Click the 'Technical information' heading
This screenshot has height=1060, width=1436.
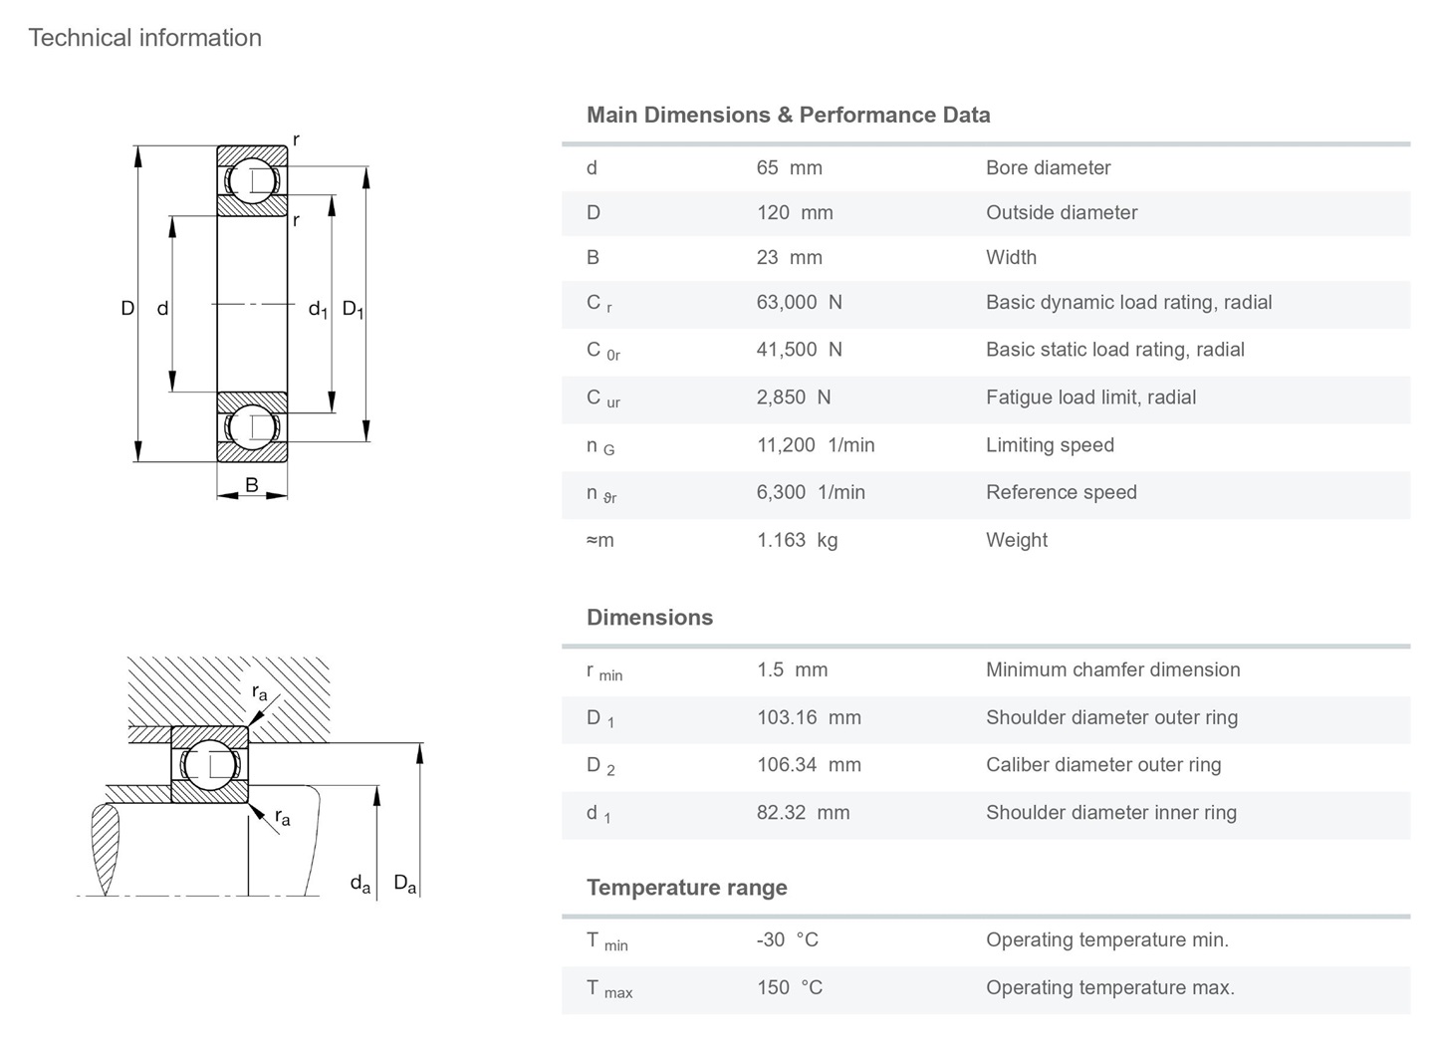pyautogui.click(x=145, y=38)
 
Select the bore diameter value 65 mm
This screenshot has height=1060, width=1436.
pyautogui.click(x=789, y=167)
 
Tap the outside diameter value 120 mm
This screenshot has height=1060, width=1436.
pyautogui.click(x=794, y=212)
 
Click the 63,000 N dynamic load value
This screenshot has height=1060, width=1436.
pyautogui.click(x=799, y=302)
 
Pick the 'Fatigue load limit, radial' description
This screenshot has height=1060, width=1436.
pyautogui.click(x=1090, y=397)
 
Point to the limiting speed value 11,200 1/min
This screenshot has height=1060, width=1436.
pyautogui.click(x=815, y=444)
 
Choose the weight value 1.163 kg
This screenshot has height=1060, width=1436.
pyautogui.click(x=797, y=540)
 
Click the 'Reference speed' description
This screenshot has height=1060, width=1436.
pyautogui.click(x=1061, y=492)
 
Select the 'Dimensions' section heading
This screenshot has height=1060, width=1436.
pyautogui.click(x=649, y=618)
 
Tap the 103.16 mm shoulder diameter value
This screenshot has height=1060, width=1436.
pyautogui.click(x=808, y=717)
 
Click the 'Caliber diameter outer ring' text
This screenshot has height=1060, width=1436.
pyautogui.click(x=1102, y=765)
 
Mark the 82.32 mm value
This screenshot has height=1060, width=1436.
pyautogui.click(x=803, y=812)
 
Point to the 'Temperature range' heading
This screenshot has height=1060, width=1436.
pyautogui.click(x=686, y=888)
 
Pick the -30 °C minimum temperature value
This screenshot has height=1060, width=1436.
pyautogui.click(x=787, y=939)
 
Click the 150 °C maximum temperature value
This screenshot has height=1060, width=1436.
pyautogui.click(x=789, y=987)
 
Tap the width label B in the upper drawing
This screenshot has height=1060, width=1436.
pyautogui.click(x=252, y=485)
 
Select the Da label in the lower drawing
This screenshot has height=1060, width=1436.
pyautogui.click(x=404, y=884)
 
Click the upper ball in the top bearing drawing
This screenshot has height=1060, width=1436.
pyautogui.click(x=252, y=180)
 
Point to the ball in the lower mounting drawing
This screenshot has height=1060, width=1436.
pyautogui.click(x=209, y=765)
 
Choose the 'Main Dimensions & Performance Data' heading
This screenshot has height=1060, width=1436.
pyautogui.click(x=788, y=115)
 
